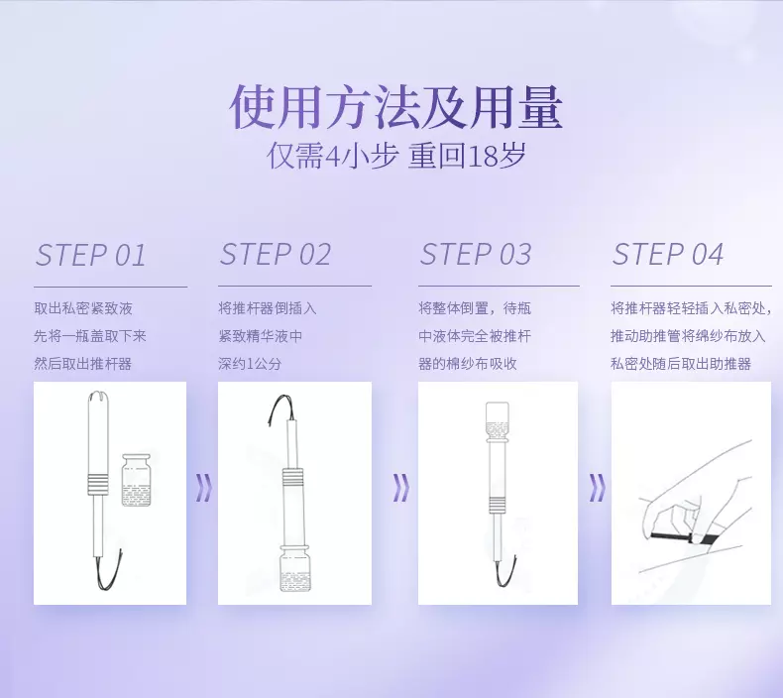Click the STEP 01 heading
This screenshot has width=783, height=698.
point(91,256)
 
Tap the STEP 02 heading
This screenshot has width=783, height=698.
point(276,255)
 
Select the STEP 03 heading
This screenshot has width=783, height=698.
point(476,255)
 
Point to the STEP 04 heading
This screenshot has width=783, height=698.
point(668,255)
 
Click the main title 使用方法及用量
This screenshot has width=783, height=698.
point(396,107)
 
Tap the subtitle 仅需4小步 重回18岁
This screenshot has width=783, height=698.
point(396,156)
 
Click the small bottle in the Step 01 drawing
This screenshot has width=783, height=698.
point(136,480)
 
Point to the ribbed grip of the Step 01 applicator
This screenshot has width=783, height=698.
point(98,484)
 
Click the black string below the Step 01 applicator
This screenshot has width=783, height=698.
point(108,569)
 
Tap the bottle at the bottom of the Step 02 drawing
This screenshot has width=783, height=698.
point(294,567)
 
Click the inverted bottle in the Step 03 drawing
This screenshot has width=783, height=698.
point(497,422)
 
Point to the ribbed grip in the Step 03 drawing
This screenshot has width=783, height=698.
point(496,506)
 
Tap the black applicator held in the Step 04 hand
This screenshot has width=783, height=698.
point(684,537)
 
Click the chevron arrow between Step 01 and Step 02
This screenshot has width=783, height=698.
point(204,488)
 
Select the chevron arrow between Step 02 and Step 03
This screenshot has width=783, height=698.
point(400,488)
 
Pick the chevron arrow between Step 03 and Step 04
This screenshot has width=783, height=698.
point(597,488)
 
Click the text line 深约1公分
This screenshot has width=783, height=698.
point(250,364)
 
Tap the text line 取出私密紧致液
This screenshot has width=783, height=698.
point(83,308)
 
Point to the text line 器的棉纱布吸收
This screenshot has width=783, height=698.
point(468,364)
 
